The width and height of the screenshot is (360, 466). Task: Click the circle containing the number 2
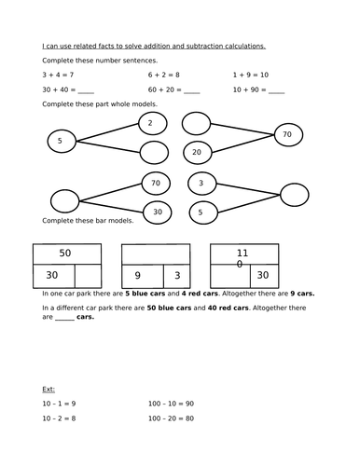152,123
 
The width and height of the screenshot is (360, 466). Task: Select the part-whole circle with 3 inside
201,183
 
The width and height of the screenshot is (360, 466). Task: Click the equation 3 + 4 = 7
57,74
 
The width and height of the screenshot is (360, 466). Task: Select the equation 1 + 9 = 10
251,74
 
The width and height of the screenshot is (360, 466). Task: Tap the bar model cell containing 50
65,253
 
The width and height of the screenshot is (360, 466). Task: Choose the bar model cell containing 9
137,275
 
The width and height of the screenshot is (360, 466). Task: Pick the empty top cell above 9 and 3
153,253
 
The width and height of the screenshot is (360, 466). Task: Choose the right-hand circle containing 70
286,135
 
